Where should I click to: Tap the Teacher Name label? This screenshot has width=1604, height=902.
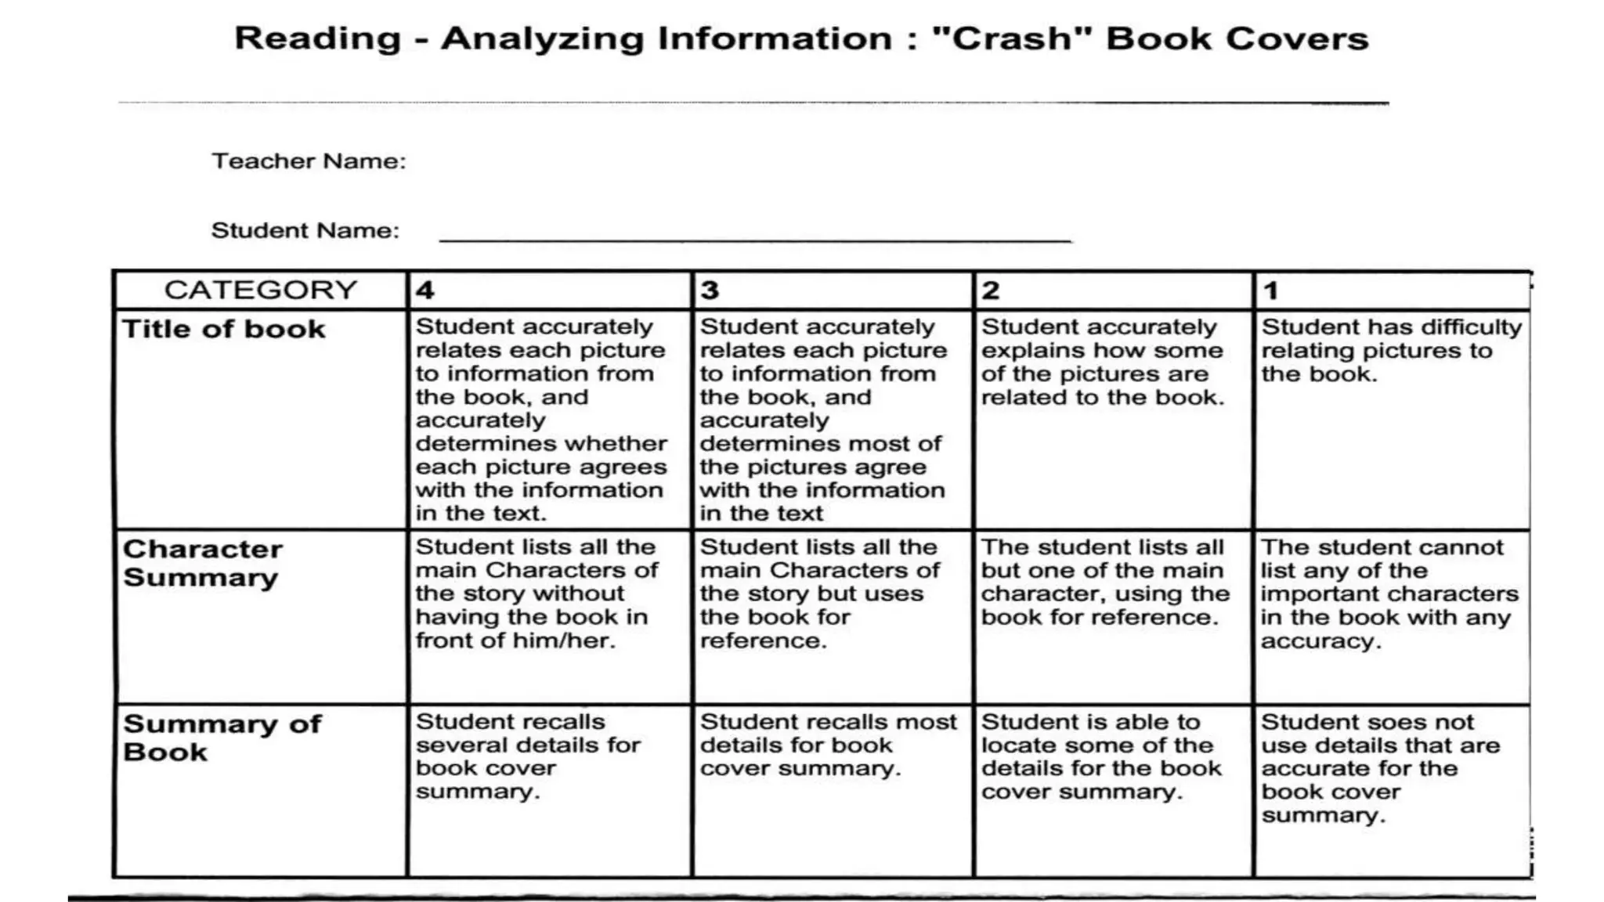[309, 161]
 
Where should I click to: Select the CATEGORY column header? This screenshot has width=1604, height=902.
[260, 290]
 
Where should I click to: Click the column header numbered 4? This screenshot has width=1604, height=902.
[425, 290]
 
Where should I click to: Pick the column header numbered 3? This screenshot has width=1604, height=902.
[710, 290]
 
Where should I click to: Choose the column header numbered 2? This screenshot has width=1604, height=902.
[991, 290]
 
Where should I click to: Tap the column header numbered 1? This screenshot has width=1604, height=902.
[1270, 290]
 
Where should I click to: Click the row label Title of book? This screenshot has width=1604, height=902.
[224, 329]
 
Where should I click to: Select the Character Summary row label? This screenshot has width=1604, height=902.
[202, 563]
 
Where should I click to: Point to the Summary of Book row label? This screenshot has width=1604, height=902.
[222, 738]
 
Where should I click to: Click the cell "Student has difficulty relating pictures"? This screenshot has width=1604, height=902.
[1391, 350]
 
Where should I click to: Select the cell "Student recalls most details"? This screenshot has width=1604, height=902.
[828, 745]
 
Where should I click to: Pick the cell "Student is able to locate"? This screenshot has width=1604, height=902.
[1101, 756]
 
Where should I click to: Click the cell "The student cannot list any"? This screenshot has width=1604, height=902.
[1389, 594]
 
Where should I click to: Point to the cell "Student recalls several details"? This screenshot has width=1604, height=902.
[528, 756]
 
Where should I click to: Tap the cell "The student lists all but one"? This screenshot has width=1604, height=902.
[1104, 582]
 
